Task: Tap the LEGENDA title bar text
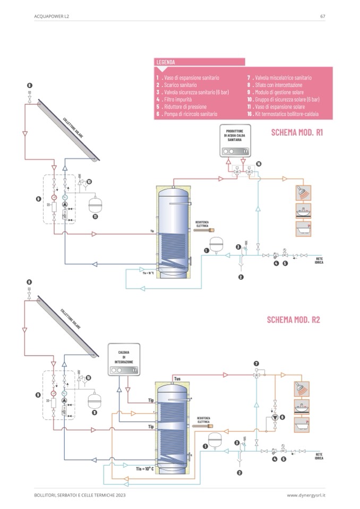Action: (x=166, y=62)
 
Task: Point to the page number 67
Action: (x=322, y=16)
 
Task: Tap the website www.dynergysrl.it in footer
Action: (x=306, y=495)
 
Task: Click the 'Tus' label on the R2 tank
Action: (x=177, y=378)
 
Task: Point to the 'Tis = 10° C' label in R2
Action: (x=144, y=468)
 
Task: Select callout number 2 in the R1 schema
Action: (x=241, y=277)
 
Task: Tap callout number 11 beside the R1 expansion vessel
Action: (x=96, y=217)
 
